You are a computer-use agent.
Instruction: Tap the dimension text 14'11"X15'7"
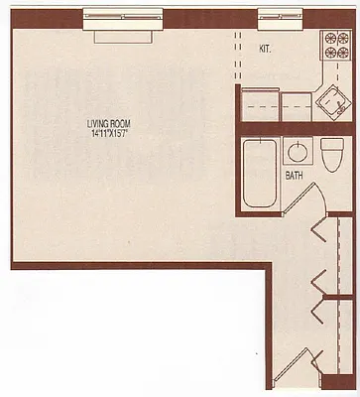(x=108, y=132)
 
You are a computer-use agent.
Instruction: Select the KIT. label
(x=265, y=47)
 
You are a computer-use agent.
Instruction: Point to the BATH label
(x=295, y=177)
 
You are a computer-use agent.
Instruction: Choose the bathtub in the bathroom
(x=260, y=174)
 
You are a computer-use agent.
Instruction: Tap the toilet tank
(x=332, y=144)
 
